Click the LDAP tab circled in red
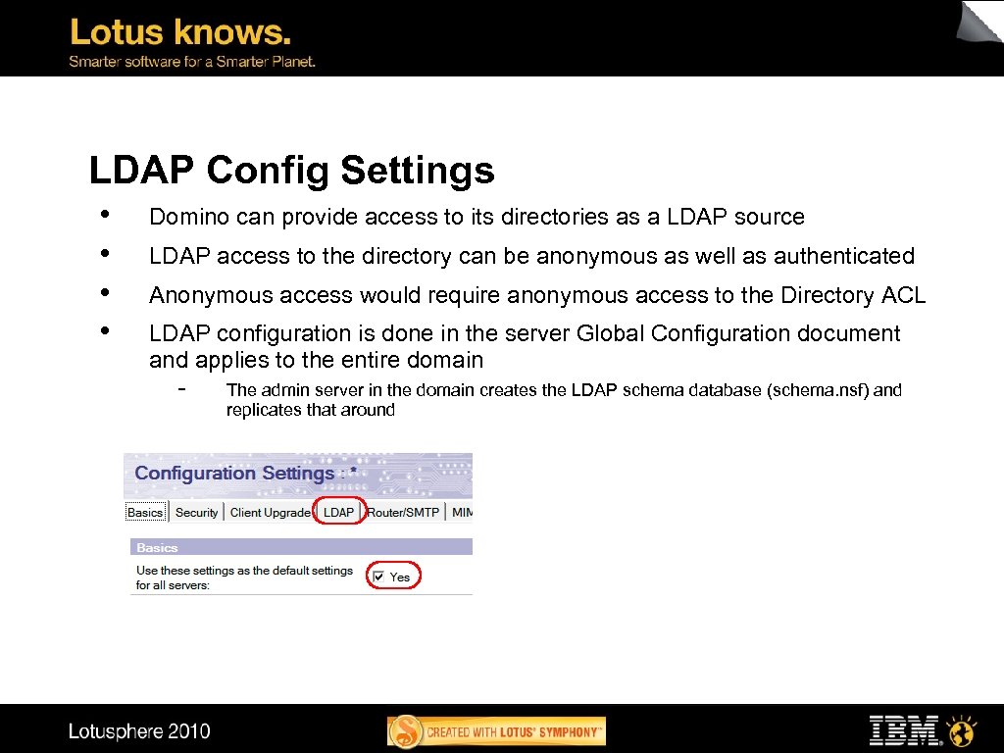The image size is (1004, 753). (x=338, y=512)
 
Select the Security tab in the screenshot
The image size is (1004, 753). (x=196, y=512)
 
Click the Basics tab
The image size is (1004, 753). (x=145, y=512)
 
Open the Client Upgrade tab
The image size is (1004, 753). (x=271, y=512)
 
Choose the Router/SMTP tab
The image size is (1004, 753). (x=403, y=512)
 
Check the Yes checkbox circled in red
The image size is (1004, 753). (x=379, y=577)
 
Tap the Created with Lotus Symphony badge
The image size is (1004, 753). (x=497, y=731)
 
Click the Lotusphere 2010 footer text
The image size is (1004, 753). (x=139, y=731)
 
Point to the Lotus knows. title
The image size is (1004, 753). (x=180, y=32)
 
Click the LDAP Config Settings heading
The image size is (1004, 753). (x=291, y=171)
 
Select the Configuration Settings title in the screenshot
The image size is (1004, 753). (x=245, y=473)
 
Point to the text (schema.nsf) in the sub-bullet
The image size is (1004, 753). (x=819, y=389)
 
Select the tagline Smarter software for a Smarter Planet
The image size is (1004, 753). (x=191, y=61)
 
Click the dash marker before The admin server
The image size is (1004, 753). (x=182, y=388)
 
